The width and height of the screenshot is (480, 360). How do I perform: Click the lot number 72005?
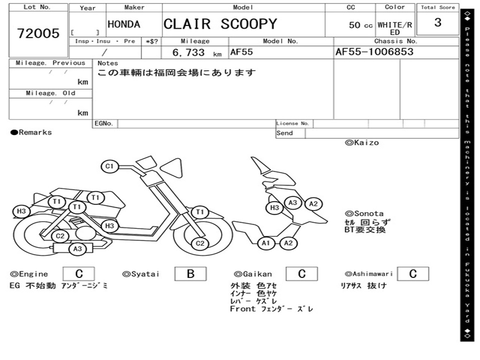(x=38, y=33)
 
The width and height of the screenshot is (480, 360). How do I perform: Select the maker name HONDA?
(x=124, y=24)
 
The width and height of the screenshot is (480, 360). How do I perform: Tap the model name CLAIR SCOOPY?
(x=220, y=24)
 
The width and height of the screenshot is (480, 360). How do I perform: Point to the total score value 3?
(x=437, y=22)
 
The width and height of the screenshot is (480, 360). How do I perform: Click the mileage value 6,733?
(x=188, y=52)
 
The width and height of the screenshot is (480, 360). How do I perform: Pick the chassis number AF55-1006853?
(x=375, y=52)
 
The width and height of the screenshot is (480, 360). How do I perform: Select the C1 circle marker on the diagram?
(x=110, y=166)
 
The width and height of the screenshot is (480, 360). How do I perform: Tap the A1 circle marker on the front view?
(x=266, y=243)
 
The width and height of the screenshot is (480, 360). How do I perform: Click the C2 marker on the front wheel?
(x=200, y=243)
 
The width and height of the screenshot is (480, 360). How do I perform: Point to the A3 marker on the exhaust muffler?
(x=77, y=249)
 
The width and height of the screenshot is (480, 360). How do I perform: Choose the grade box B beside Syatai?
(x=190, y=274)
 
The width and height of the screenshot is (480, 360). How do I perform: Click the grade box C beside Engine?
(x=79, y=274)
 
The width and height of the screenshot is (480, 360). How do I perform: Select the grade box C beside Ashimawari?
(x=412, y=274)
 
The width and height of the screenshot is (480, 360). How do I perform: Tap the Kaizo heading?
(x=362, y=142)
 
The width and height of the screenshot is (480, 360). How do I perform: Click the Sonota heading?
(x=364, y=214)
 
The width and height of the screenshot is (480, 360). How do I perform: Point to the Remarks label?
(x=31, y=133)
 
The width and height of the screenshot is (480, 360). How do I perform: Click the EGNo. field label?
(x=104, y=124)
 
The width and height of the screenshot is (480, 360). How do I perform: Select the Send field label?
(x=285, y=133)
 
